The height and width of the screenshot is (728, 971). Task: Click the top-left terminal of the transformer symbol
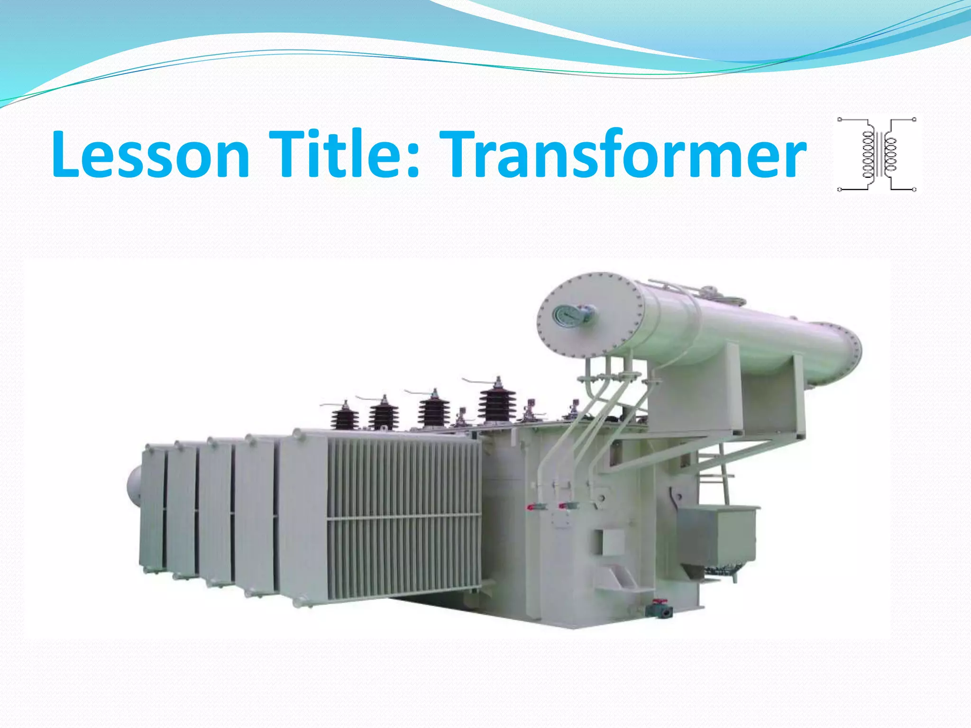click(x=840, y=119)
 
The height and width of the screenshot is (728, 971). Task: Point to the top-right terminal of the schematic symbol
click(x=915, y=119)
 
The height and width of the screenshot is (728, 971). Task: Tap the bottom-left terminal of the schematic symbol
click(x=840, y=190)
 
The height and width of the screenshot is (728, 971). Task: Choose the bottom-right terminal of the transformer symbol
click(x=915, y=190)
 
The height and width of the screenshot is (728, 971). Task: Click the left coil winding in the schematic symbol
click(x=868, y=155)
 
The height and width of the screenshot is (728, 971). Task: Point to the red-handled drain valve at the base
click(x=660, y=609)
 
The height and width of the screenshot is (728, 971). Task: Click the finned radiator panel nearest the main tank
click(x=403, y=517)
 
